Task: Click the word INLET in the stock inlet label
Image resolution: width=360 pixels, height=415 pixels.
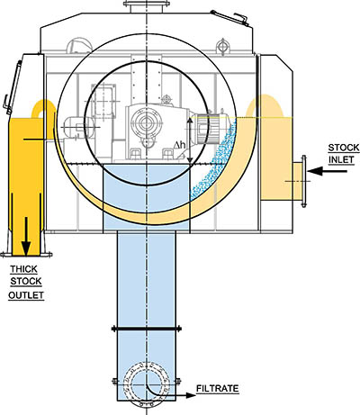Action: (341, 159)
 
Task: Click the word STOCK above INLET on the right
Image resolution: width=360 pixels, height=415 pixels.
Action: (344, 148)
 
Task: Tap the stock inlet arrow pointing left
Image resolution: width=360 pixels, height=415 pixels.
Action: (327, 171)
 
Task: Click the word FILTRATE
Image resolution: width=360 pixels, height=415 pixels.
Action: (218, 388)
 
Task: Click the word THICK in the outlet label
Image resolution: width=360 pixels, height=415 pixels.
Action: (24, 269)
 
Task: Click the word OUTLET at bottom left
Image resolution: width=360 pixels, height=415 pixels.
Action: (26, 295)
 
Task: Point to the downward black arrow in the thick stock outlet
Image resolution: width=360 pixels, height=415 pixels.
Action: (26, 237)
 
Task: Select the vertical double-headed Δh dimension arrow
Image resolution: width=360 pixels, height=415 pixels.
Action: (190, 140)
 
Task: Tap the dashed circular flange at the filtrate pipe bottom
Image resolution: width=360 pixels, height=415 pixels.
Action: (147, 384)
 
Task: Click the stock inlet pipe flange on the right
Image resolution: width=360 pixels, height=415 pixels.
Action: (303, 181)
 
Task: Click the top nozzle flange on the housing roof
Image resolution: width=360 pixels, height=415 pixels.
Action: (147, 4)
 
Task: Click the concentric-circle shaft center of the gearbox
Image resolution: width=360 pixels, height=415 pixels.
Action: (147, 122)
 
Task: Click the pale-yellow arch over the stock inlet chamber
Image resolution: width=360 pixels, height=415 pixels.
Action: (265, 105)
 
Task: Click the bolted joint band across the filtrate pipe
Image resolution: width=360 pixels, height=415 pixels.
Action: (147, 329)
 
